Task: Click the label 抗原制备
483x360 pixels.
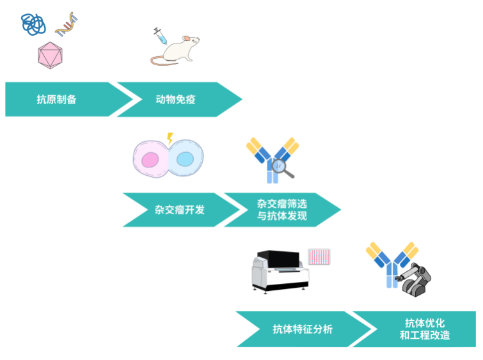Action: (56, 99)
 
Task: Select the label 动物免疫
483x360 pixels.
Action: (175, 99)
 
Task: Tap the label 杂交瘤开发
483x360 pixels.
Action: (179, 210)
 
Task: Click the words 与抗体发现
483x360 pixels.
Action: (281, 216)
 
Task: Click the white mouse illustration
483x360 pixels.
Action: (180, 50)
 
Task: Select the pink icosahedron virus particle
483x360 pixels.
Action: (49, 56)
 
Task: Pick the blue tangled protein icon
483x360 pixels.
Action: (33, 24)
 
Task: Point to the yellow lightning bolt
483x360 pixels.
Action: (170, 138)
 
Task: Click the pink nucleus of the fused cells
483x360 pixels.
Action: (151, 160)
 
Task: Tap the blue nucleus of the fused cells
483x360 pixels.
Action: (185, 159)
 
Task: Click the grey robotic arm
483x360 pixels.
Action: (416, 279)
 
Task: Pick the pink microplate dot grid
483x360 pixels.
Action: (319, 256)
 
